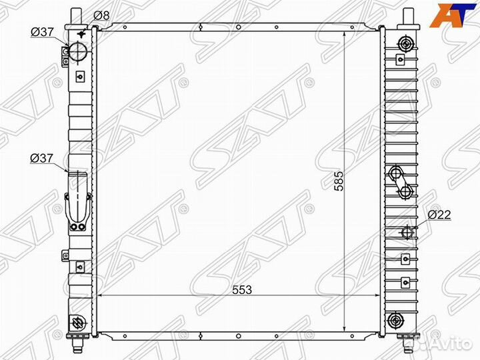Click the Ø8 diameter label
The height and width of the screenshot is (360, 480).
coord(101,15)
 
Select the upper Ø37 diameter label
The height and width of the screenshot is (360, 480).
coord(42,32)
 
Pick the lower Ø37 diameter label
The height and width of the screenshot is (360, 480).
coord(41,158)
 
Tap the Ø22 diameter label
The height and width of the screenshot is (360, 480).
coord(439,215)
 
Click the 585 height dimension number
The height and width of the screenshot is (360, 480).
coord(339,181)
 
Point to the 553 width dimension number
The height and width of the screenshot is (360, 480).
coord(242,289)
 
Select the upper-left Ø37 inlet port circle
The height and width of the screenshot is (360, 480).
coord(78,51)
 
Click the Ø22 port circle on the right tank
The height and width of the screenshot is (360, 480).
coord(407,233)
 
